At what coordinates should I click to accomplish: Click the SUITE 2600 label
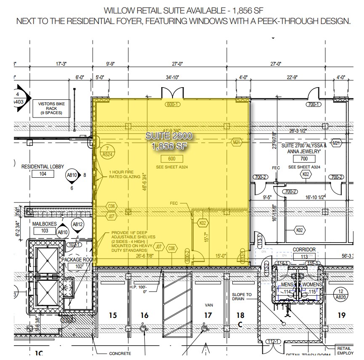tap(168, 136)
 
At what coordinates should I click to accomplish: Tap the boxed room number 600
tap(171, 158)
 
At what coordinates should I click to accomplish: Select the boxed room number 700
tap(304, 159)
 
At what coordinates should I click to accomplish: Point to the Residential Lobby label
tap(40, 167)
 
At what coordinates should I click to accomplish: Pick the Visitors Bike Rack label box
tap(50, 108)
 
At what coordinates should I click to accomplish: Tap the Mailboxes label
tap(45, 224)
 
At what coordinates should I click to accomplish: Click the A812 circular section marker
tap(77, 225)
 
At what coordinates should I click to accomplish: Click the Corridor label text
tap(304, 250)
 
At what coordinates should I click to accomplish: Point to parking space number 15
tap(112, 315)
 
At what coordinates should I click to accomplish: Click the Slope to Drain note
tap(242, 297)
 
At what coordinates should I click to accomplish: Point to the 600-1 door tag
tap(173, 104)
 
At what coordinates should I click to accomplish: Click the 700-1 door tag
tap(314, 104)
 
